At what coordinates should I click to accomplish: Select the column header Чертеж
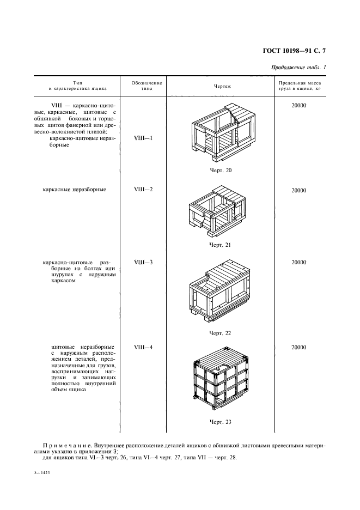[222, 87]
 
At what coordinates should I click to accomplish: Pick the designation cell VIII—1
[143, 138]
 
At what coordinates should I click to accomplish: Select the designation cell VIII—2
[143, 190]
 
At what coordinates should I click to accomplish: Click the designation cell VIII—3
[143, 262]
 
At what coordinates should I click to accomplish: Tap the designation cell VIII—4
[143, 347]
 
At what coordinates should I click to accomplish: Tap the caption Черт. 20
[221, 171]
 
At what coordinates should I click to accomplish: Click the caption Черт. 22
[221, 332]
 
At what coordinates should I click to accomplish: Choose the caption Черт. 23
[221, 422]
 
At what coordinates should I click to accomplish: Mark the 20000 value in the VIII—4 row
[298, 347]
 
